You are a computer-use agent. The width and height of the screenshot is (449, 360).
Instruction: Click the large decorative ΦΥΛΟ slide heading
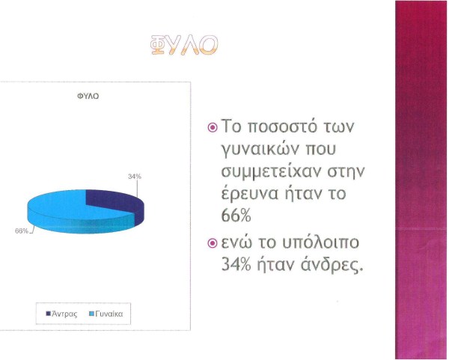click(184, 45)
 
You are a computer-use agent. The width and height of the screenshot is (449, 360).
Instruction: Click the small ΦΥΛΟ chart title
click(88, 97)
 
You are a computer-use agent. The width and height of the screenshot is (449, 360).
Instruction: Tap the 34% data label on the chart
click(135, 177)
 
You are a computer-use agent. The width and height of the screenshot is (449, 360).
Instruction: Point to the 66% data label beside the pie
click(22, 231)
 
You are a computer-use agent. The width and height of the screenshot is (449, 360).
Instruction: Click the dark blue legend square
click(49, 314)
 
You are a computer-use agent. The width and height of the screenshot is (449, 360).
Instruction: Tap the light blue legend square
click(92, 314)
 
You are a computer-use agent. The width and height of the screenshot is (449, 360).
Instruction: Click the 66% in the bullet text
click(236, 216)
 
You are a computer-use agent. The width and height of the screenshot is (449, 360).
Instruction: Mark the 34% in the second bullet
click(236, 265)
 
